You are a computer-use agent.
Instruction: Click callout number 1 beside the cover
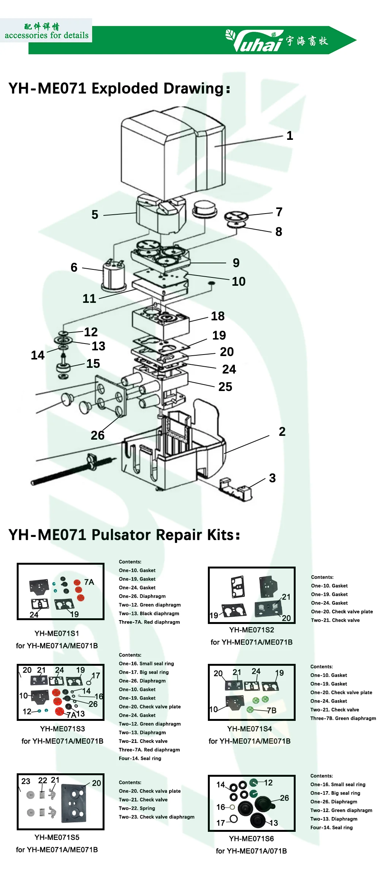pos(290,136)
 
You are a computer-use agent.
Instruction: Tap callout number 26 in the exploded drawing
pos(97,435)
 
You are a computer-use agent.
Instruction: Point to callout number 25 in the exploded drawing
pos(225,386)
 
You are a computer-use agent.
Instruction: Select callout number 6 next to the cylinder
pos(74,268)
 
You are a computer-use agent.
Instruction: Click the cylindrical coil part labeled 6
pos(113,275)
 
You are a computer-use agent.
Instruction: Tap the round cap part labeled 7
pos(236,217)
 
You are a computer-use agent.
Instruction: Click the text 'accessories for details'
pos(46,35)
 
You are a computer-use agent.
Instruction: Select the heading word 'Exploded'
pos(125,88)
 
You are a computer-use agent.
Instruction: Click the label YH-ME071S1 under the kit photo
pos(57,633)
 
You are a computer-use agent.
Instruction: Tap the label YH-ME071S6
pos(251,839)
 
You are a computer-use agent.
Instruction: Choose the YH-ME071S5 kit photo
pos(61,801)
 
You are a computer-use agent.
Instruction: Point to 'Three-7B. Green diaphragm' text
pos(343,718)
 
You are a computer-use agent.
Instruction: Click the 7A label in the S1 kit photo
pos(89,582)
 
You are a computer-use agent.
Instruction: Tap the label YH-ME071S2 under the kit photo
pos(251,630)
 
